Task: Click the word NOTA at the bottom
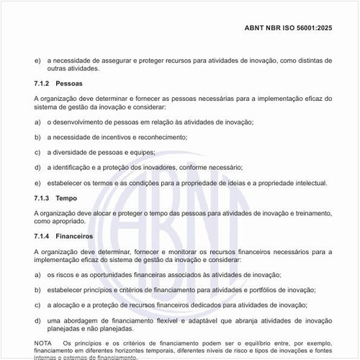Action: pyautogui.click(x=43, y=343)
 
